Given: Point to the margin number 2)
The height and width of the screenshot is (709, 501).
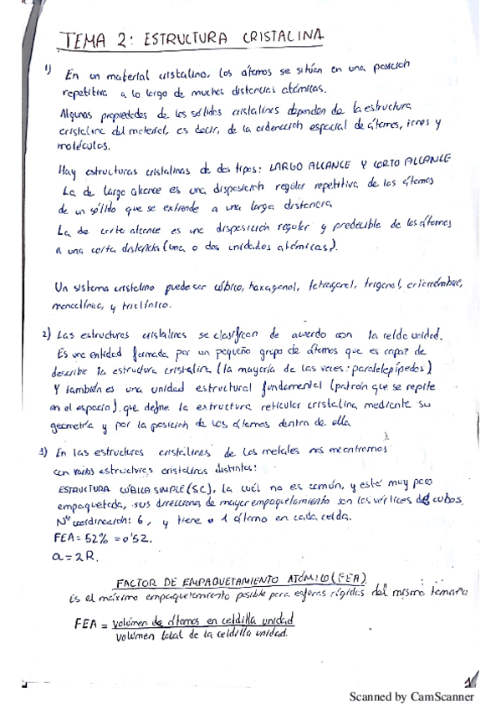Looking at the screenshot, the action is click(x=47, y=335).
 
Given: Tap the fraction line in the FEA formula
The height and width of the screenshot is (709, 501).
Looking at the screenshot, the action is click(x=206, y=625).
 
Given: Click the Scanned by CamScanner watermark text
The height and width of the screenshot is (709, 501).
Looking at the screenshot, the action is click(x=412, y=696).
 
